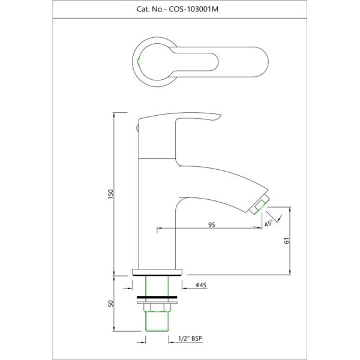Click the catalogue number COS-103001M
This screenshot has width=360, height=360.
click(x=194, y=9)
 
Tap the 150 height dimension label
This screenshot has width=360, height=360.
click(x=110, y=194)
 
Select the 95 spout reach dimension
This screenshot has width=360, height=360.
click(x=212, y=224)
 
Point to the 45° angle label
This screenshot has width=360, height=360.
click(x=268, y=223)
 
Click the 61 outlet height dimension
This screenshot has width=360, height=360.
click(x=287, y=241)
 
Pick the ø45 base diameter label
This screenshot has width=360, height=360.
click(x=201, y=285)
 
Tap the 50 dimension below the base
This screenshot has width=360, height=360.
click(x=110, y=304)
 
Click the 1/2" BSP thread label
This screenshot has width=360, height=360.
click(x=190, y=338)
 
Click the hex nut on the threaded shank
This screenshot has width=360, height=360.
click(x=157, y=307)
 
